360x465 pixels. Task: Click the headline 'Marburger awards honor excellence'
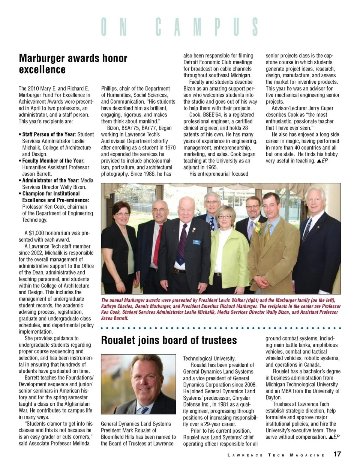(73, 64)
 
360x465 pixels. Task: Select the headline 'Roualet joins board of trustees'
(169, 340)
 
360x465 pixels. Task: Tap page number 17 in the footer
(337, 454)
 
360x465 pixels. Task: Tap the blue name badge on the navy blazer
(196, 242)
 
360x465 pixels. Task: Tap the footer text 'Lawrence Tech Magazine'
(276, 455)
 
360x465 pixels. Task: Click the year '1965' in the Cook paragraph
(211, 167)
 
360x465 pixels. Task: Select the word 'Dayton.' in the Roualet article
(273, 397)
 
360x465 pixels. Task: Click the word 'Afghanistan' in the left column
(77, 404)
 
